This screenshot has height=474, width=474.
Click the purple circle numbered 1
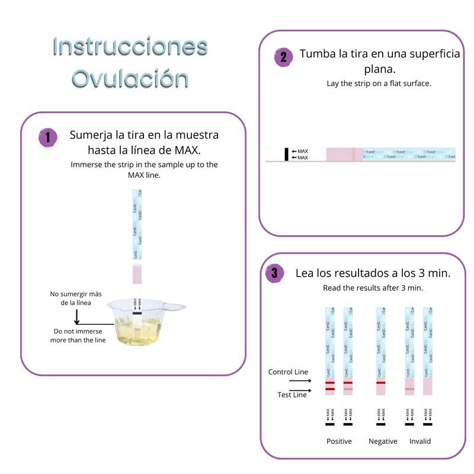tap(47, 138)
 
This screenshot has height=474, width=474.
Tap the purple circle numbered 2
tap(283, 57)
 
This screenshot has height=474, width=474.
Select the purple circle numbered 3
tap(274, 273)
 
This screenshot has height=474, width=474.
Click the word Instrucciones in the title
tap(130, 46)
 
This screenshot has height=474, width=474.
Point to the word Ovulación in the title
tap(130, 78)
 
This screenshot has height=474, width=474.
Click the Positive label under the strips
tap(339, 441)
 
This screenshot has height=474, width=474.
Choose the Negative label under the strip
tap(383, 441)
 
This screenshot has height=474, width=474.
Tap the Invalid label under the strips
tap(420, 441)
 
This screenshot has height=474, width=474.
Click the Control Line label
tap(288, 372)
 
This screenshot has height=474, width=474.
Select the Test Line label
tap(292, 395)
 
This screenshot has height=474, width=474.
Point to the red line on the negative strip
tap(381, 383)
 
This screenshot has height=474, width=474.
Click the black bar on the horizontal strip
tap(287, 154)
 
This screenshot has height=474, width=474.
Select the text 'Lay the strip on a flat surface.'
tap(379, 84)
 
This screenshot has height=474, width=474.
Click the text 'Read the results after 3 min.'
tap(373, 288)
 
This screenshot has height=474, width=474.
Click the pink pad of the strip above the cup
tap(137, 274)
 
